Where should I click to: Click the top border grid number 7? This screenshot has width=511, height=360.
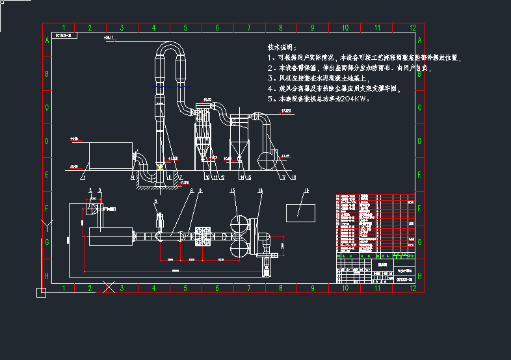tap(249, 28)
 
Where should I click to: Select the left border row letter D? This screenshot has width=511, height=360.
tap(47, 141)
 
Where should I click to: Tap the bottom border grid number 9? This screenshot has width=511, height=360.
tap(312, 288)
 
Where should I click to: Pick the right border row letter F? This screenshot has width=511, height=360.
tap(419, 209)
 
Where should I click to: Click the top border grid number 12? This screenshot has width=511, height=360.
tap(413, 28)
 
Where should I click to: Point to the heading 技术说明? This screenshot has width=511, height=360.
tap(282, 48)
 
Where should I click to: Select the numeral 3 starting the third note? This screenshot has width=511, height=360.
tap(270, 78)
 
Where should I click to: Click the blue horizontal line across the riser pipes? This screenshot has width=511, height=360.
tap(171, 86)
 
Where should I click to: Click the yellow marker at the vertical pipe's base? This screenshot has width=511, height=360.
tap(160, 167)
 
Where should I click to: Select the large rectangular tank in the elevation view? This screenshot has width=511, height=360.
tap(108, 155)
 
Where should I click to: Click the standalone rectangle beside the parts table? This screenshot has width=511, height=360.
tap(300, 212)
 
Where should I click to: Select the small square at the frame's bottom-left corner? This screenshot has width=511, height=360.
tap(41, 293)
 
